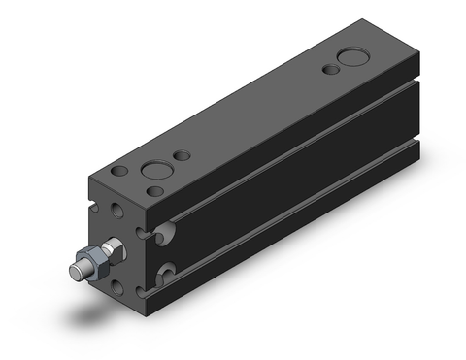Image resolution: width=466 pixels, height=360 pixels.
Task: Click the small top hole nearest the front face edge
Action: tap(117, 172)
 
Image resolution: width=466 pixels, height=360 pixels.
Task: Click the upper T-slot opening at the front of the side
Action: tap(167, 232)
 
